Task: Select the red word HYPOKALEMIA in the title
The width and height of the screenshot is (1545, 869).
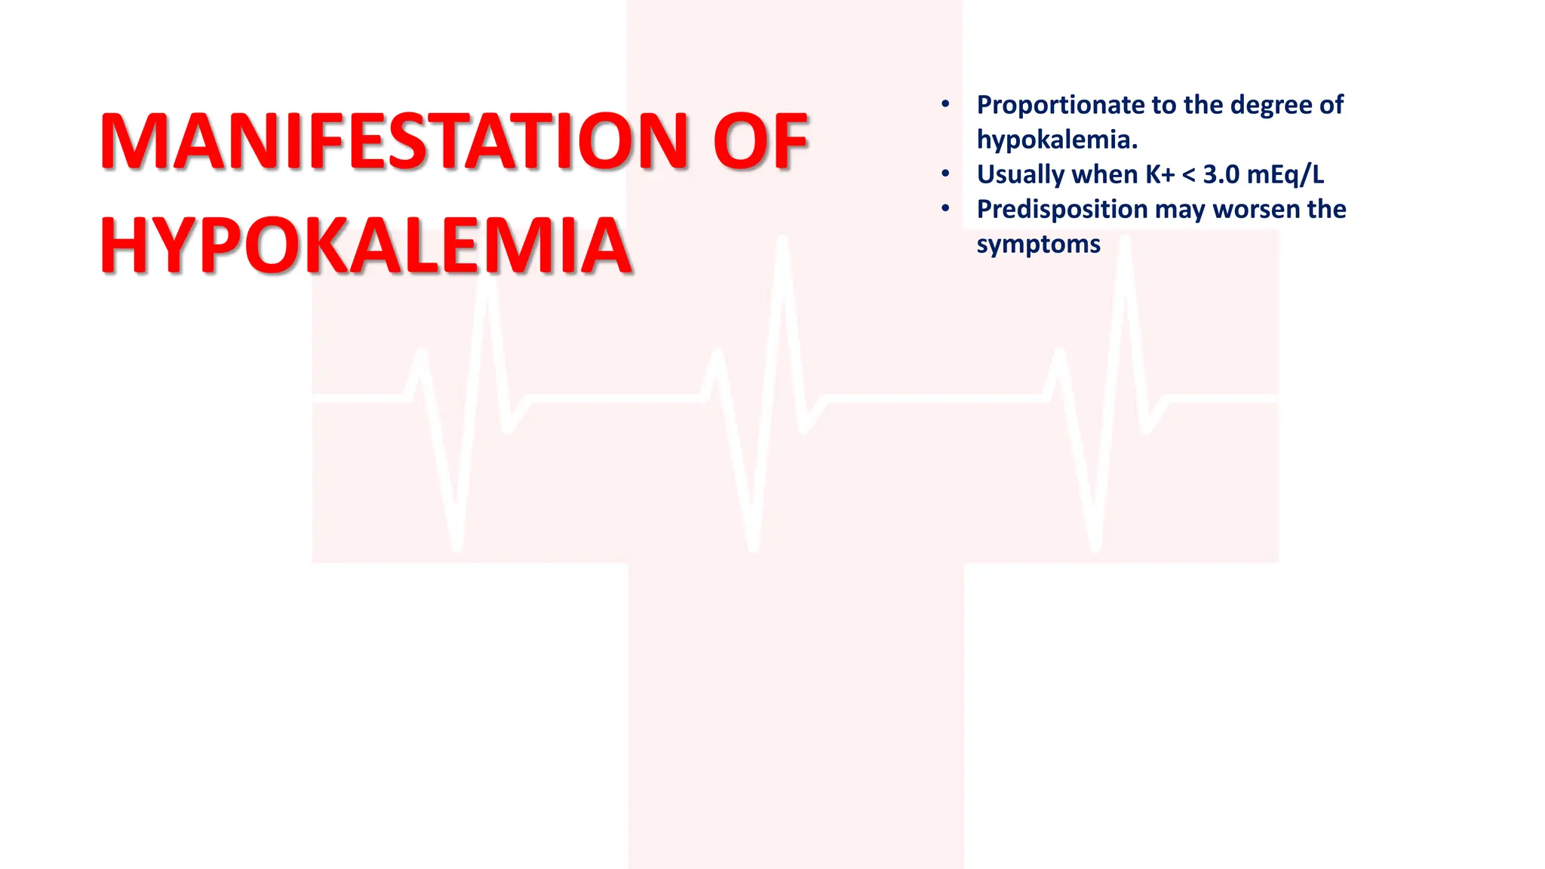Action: (x=366, y=246)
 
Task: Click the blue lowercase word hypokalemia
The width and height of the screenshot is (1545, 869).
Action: (x=1057, y=140)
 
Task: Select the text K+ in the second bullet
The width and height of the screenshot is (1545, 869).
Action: (x=1160, y=174)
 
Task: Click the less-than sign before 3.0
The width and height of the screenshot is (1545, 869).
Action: (x=1189, y=175)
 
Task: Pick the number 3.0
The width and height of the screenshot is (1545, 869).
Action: (x=1221, y=174)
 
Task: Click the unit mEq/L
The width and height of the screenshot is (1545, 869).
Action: (x=1285, y=174)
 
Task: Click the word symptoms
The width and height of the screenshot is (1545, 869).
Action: (x=1038, y=244)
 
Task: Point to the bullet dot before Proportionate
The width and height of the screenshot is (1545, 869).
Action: (x=945, y=104)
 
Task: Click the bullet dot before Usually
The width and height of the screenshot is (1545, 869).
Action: (x=945, y=174)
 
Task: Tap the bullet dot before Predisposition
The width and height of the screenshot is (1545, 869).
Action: (x=945, y=209)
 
